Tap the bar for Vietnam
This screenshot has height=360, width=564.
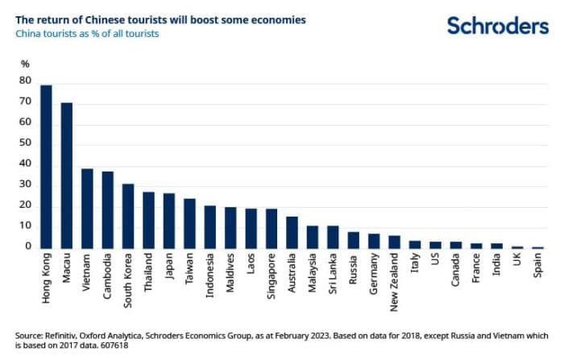coord(87,209)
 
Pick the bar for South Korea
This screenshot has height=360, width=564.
coord(128,217)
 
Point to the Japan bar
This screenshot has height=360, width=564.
coord(169,221)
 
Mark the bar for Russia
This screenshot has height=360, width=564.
coord(353,240)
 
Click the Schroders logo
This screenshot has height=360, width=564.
coord(497,26)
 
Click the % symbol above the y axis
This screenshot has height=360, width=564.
coord(25,64)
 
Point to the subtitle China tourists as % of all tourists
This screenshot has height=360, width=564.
coord(88,34)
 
